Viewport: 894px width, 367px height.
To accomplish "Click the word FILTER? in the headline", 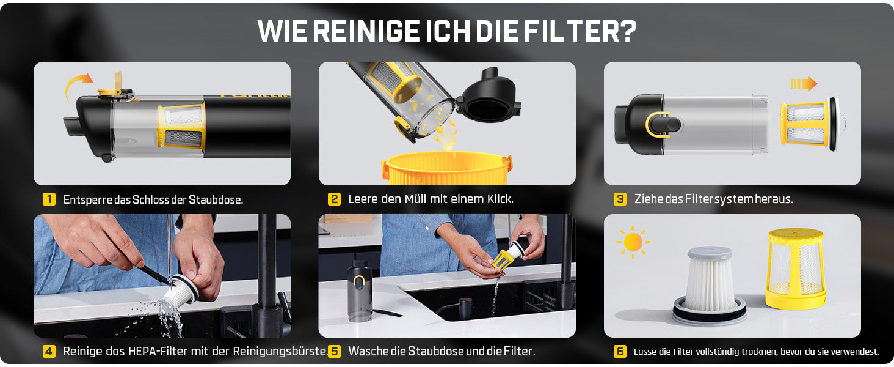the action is tap(580, 31).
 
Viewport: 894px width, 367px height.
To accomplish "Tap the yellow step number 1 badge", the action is tap(49, 199).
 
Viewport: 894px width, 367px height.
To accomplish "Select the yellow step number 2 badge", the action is tap(334, 199).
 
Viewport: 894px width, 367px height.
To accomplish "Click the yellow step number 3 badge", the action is tap(620, 199).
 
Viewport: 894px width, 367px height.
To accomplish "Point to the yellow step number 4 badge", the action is tap(49, 352).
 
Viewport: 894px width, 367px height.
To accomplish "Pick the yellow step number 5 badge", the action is tap(334, 352).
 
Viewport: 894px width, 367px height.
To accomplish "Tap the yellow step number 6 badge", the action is tap(620, 352).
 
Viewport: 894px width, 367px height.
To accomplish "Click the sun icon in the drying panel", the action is tap(633, 242).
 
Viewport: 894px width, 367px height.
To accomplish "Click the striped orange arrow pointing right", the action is tap(804, 84).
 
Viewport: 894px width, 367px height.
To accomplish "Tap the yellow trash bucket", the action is tap(446, 168).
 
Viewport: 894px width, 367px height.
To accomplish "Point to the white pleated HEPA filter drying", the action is tap(709, 284).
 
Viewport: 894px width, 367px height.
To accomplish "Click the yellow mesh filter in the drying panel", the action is tap(796, 268).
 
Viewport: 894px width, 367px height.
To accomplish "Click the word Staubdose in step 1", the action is tap(215, 199).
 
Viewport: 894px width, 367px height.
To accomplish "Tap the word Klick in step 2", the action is tap(500, 199).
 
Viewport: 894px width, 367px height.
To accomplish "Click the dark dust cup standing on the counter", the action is tap(360, 291).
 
